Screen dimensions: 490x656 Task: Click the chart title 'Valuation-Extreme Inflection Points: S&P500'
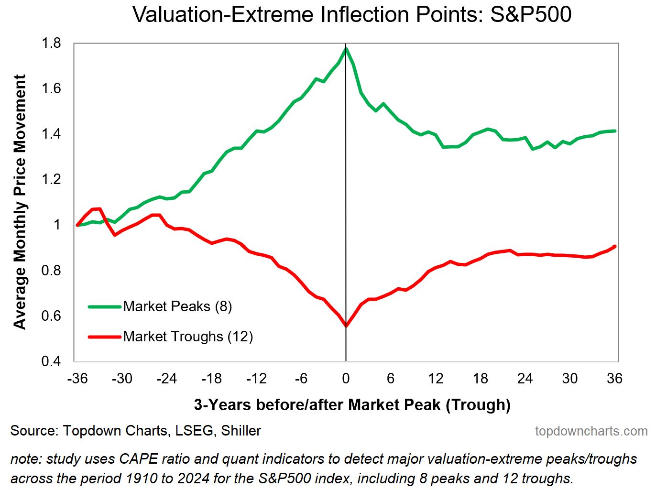pos(352,14)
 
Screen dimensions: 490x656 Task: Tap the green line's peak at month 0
pos(346,48)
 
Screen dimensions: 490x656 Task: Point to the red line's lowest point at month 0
pos(346,326)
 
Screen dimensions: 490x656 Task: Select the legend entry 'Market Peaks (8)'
pos(177,306)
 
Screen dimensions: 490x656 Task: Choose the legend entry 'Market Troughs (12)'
pos(188,337)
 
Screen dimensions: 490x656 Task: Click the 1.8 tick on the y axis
pos(52,44)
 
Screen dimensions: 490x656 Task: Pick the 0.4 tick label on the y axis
pos(52,361)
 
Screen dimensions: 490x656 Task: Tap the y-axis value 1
pos(57,225)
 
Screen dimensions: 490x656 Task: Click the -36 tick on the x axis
pos(77,379)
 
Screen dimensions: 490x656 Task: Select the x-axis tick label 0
pos(346,379)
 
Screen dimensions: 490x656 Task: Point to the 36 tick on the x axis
pos(614,379)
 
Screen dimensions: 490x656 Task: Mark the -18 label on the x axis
pos(212,379)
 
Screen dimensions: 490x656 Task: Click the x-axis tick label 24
pos(525,379)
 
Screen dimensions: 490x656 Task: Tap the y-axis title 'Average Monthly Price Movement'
pos(20,202)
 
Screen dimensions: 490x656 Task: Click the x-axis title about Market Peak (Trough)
pos(352,405)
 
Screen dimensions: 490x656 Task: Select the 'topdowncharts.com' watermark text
pos(591,431)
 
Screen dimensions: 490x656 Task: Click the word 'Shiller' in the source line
pos(241,431)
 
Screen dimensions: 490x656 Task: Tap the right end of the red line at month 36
pos(615,246)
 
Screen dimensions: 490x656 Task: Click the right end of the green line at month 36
pos(615,131)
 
